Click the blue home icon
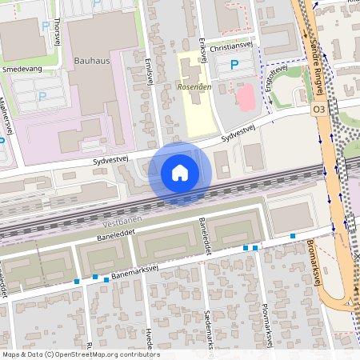pos(180,173)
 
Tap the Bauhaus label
pos(90,60)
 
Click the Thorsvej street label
pos(58,33)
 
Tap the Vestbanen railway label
pos(122,225)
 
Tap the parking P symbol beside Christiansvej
pos(234,64)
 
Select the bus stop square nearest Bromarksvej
pos(294,236)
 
